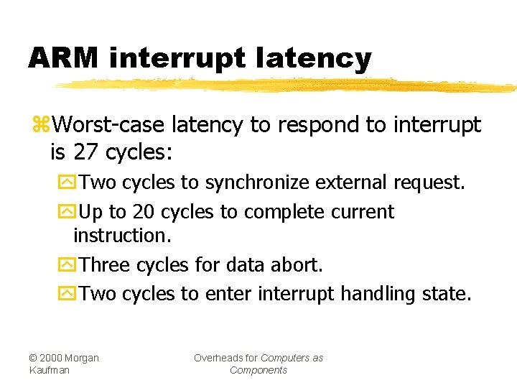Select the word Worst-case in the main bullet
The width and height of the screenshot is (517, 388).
point(111,125)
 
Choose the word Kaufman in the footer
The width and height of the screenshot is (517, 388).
point(50,370)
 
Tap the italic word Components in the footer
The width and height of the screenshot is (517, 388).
point(258,370)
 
